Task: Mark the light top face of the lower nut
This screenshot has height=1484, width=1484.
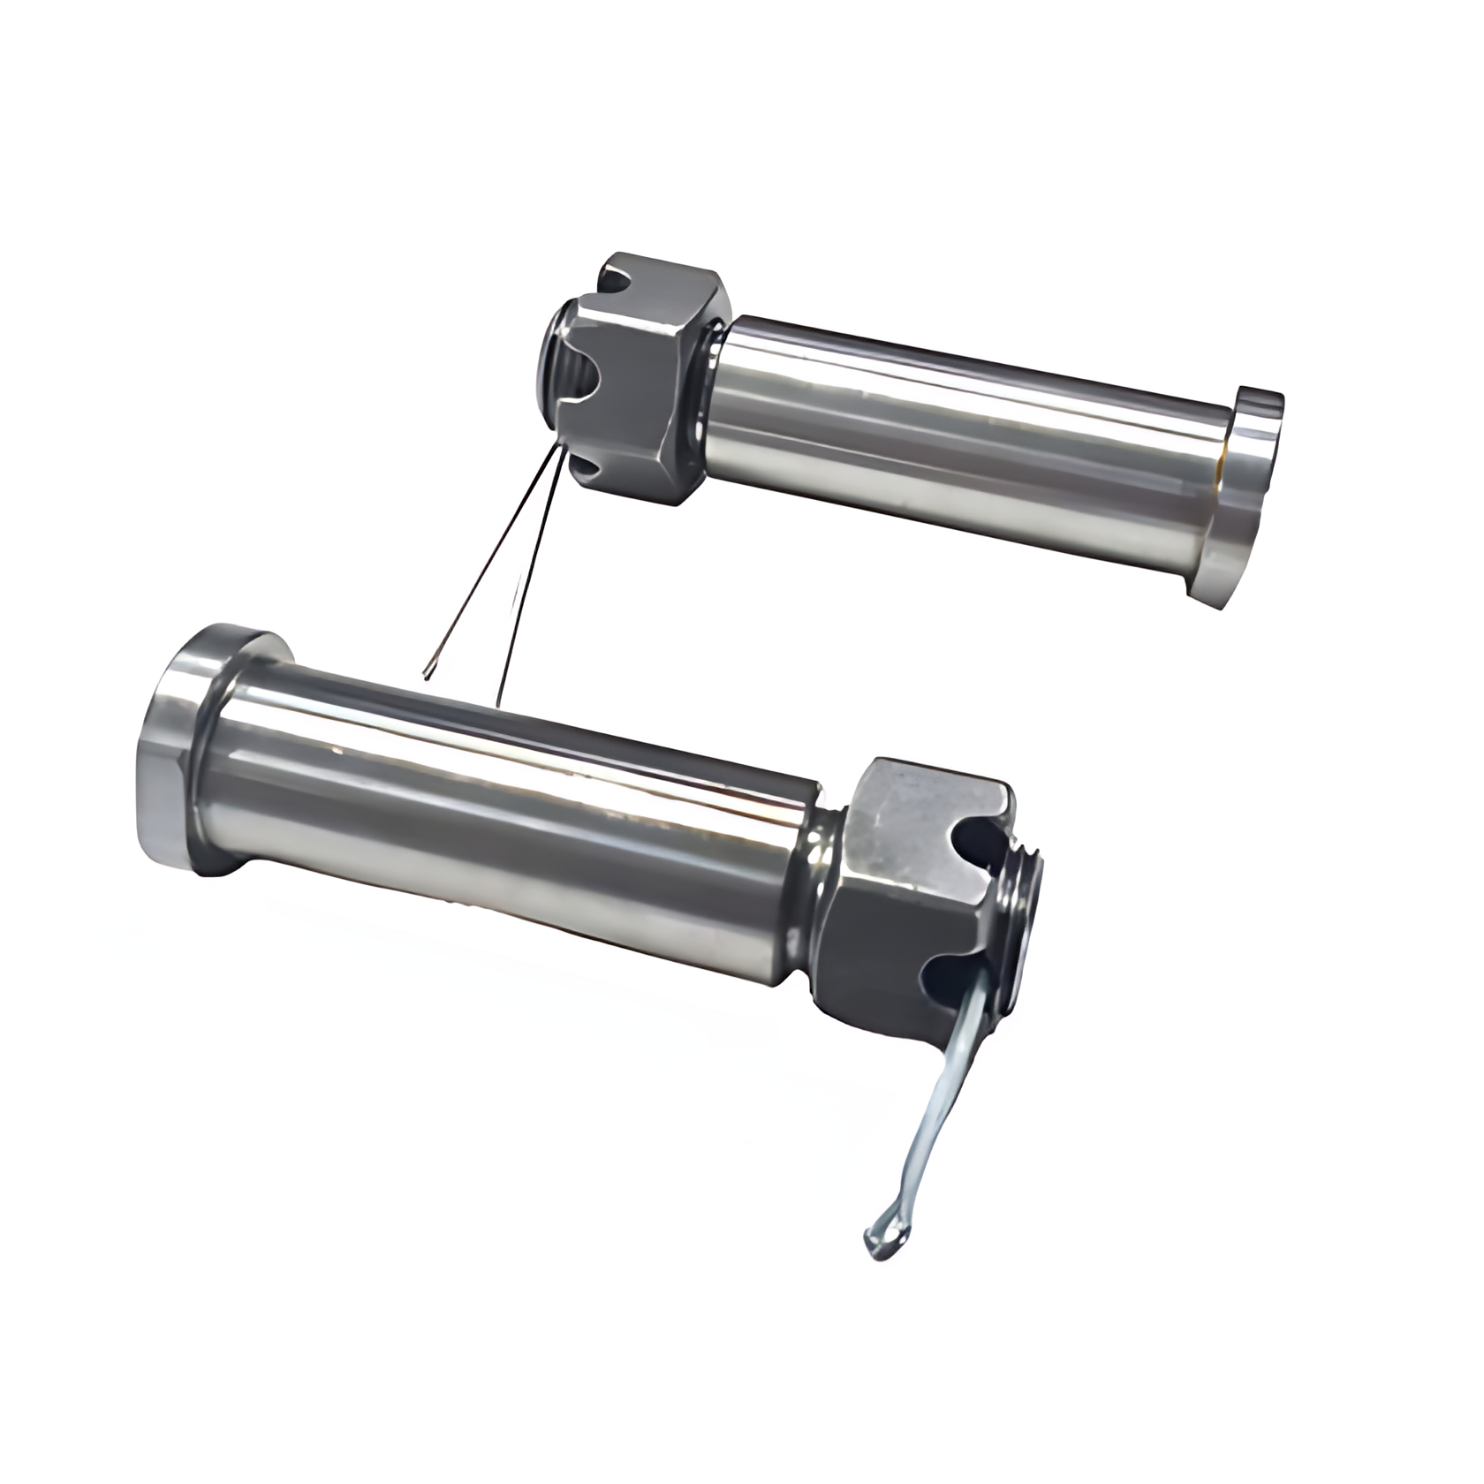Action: [x=927, y=804]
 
